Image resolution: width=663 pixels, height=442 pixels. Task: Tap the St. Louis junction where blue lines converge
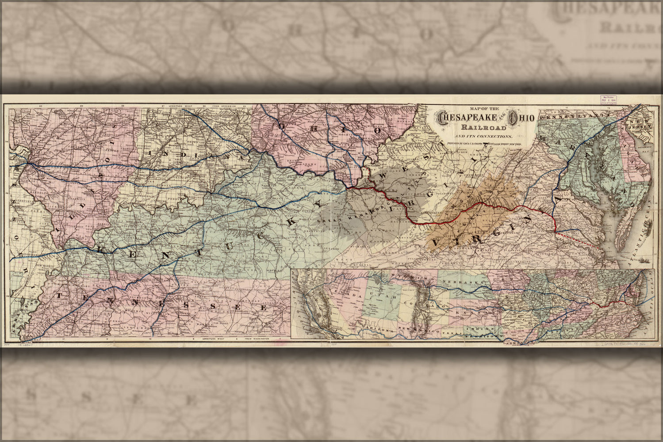pos(27,163)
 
